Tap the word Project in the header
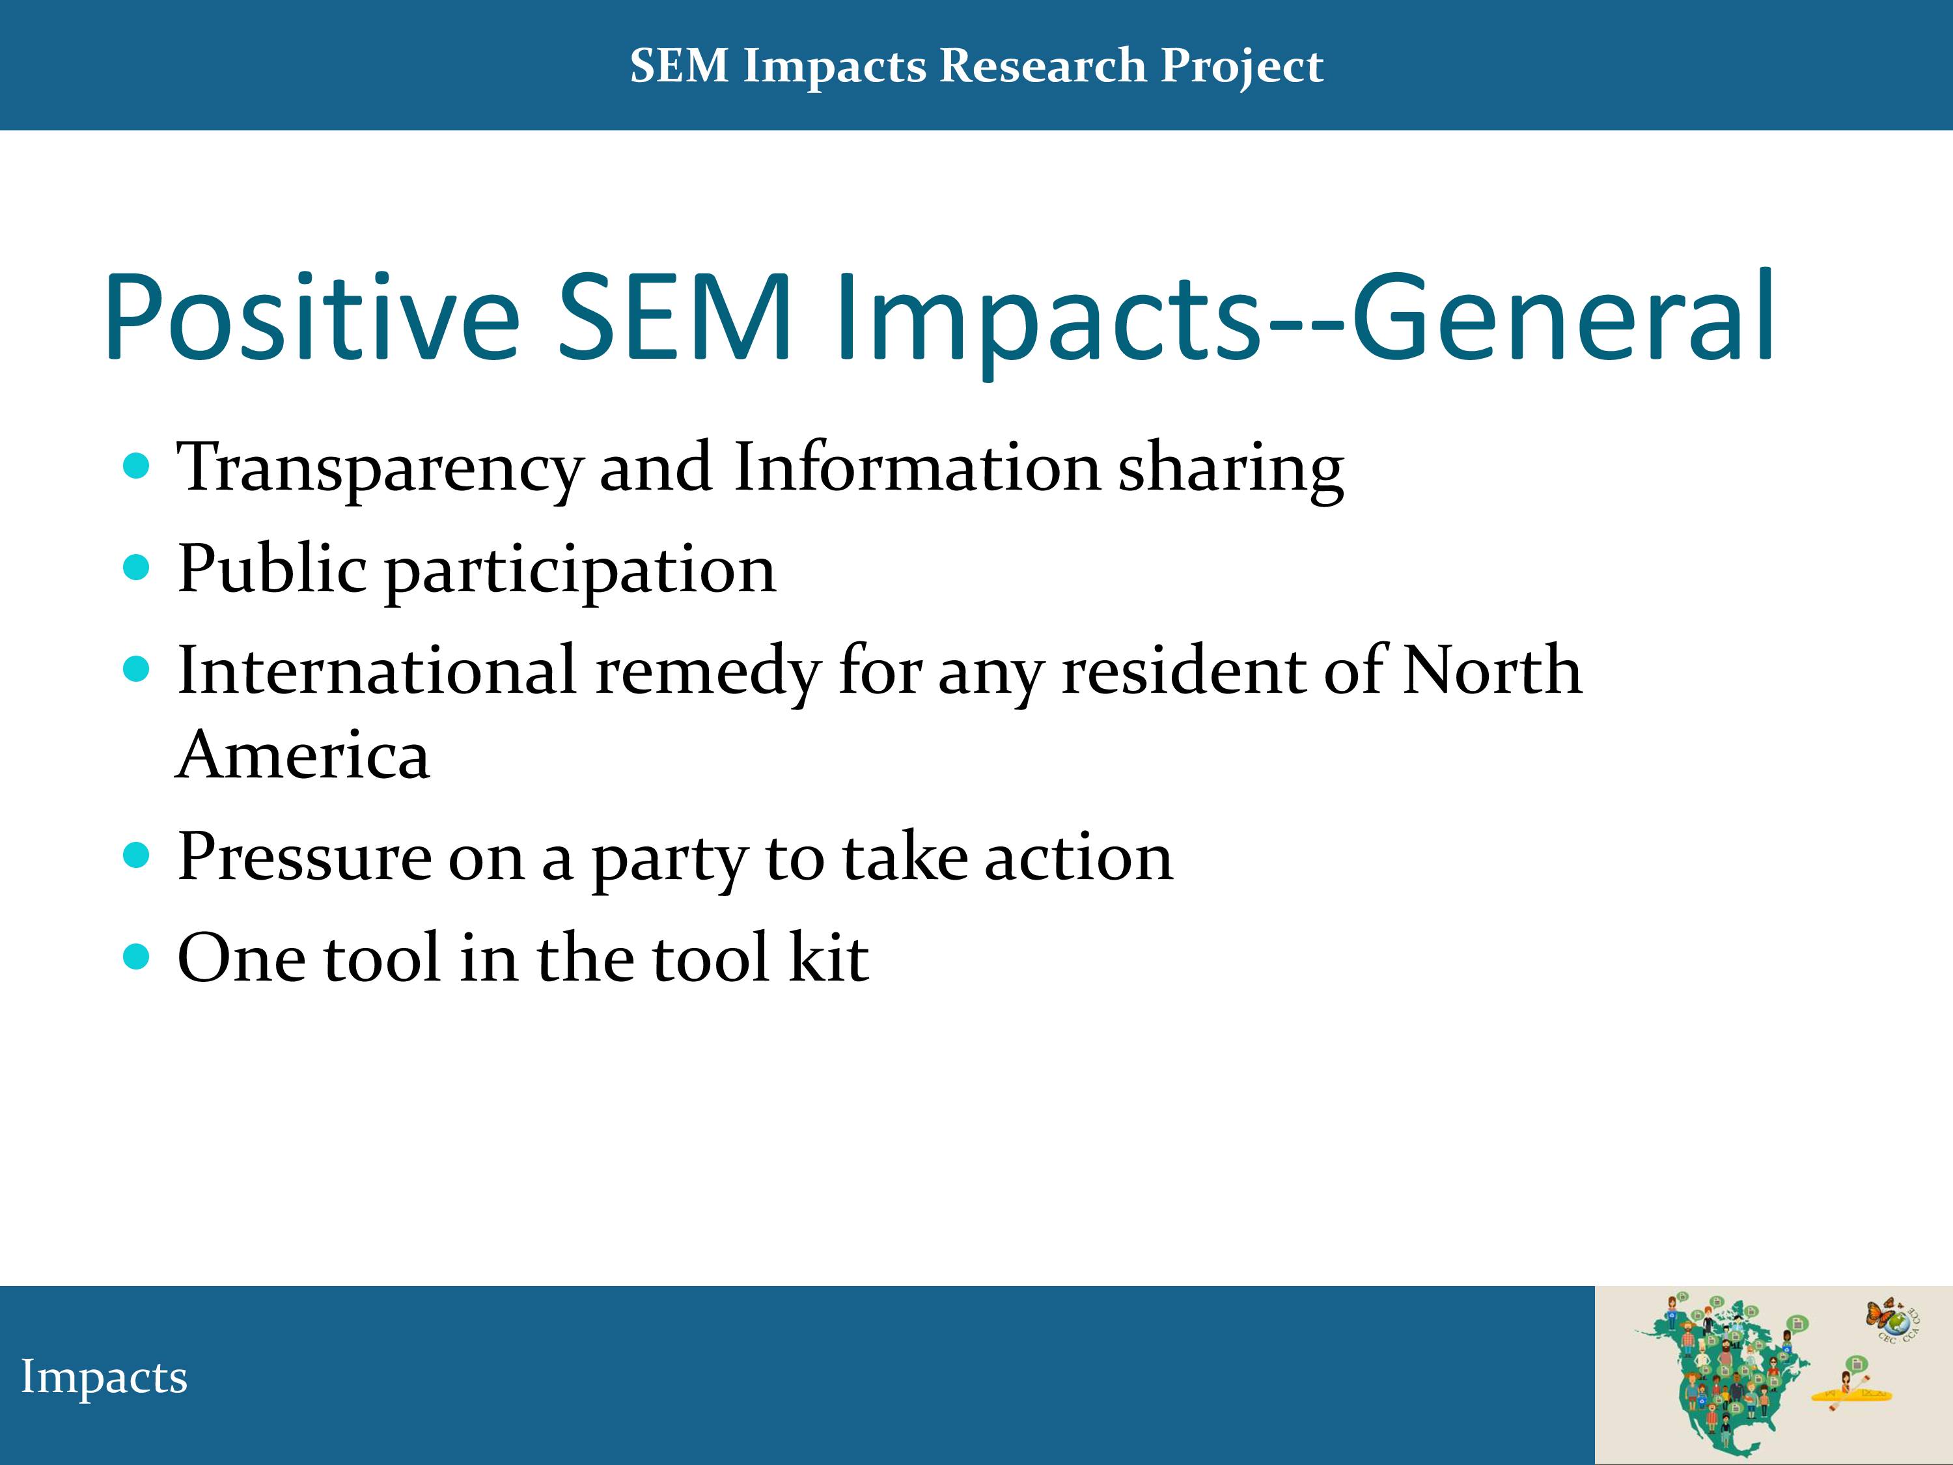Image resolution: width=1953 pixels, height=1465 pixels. (1242, 67)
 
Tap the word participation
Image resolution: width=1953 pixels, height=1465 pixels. (580, 572)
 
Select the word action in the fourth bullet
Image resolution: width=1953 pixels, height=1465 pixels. (1079, 858)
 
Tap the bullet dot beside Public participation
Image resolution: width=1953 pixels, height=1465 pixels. (136, 567)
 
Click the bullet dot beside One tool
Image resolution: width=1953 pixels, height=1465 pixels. (136, 956)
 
